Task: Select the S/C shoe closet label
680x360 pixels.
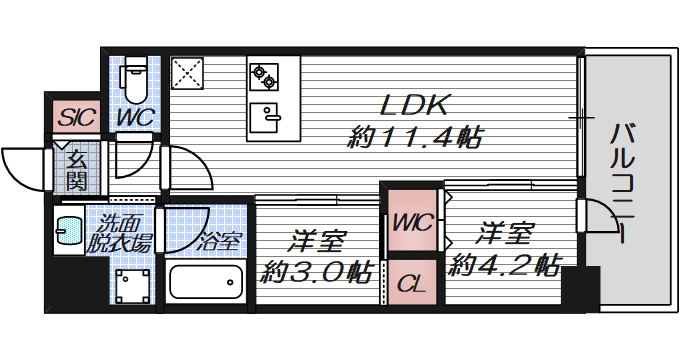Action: (x=76, y=117)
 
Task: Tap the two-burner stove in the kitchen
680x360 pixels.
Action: (x=265, y=73)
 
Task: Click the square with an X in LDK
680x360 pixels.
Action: (x=186, y=73)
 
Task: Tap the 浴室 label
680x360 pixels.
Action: (x=219, y=240)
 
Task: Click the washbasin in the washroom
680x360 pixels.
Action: (x=68, y=234)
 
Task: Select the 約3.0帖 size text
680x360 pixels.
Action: (x=318, y=270)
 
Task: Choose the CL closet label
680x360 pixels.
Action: (x=411, y=283)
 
